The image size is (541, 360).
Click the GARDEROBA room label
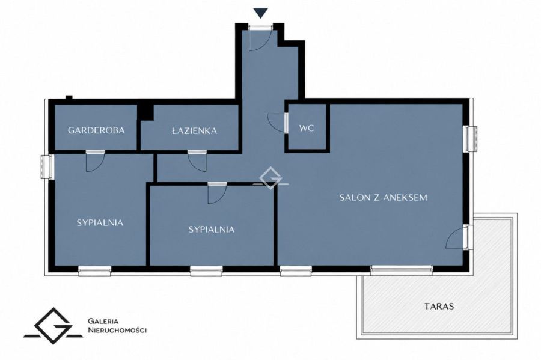click(x=96, y=130)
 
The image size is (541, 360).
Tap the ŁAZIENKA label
click(x=195, y=130)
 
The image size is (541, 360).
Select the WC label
click(x=307, y=128)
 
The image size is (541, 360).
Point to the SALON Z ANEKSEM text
click(x=384, y=197)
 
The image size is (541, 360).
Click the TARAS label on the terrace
click(x=439, y=306)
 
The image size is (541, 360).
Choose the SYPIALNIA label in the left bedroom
click(x=100, y=223)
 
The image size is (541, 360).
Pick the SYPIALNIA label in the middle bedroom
click(x=212, y=230)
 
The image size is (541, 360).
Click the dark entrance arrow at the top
click(x=260, y=13)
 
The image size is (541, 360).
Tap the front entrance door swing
click(x=258, y=41)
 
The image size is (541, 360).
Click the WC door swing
click(x=277, y=122)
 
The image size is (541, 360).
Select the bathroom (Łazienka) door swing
click(x=197, y=162)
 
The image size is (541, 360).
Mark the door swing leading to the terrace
click(x=455, y=238)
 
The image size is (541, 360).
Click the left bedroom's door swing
click(x=95, y=162)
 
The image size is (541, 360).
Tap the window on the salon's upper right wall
click(x=471, y=139)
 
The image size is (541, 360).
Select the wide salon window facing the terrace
click(x=402, y=270)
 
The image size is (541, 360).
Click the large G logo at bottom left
click(x=53, y=326)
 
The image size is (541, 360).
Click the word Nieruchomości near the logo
click(x=117, y=331)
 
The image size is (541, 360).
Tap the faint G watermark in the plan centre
click(x=270, y=178)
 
